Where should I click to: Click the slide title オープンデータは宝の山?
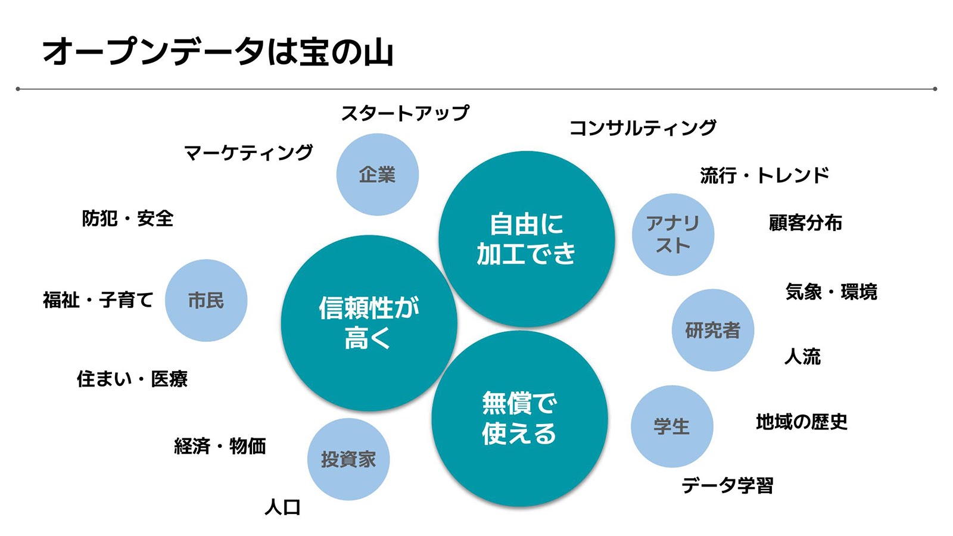(x=218, y=52)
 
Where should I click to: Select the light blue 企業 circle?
(x=378, y=174)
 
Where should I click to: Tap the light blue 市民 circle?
(x=206, y=300)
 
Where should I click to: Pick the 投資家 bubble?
(x=348, y=459)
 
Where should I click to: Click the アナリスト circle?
(x=673, y=234)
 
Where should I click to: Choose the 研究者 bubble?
(x=713, y=330)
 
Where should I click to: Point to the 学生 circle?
(x=672, y=426)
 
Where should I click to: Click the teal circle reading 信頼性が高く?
(x=369, y=323)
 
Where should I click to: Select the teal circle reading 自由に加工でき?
(x=527, y=239)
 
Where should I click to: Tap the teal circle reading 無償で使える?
(x=519, y=419)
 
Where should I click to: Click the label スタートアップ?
(x=405, y=113)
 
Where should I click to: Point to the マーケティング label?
(x=248, y=153)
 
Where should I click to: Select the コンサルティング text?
(x=643, y=128)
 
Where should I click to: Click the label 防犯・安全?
(x=127, y=219)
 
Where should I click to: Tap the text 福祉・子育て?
(x=98, y=300)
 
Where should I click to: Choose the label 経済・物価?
(x=220, y=446)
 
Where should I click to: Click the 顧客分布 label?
(x=805, y=223)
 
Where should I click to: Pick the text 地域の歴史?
(x=802, y=422)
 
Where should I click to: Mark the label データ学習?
(x=727, y=485)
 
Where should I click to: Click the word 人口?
(x=282, y=507)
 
